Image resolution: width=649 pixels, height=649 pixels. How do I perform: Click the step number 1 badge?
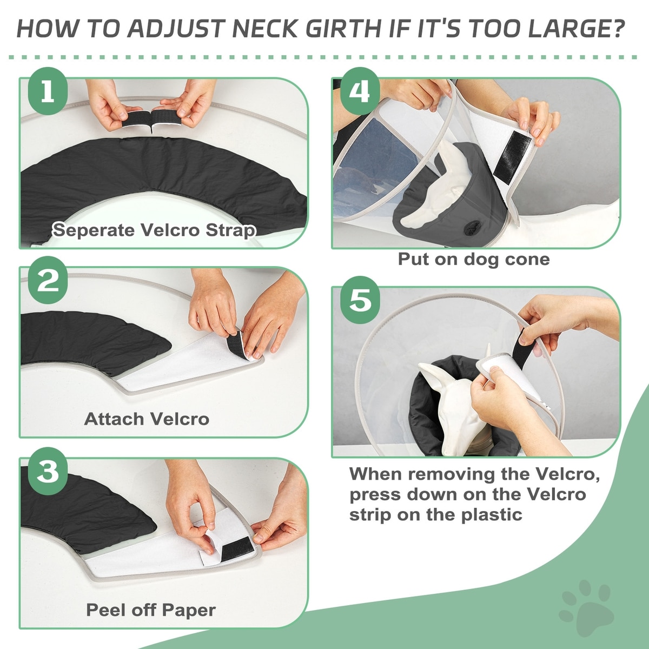tap(48, 91)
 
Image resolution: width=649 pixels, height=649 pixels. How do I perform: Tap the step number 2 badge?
tap(48, 280)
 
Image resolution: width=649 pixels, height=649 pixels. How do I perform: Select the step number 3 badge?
tap(48, 471)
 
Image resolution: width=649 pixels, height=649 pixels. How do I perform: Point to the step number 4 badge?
tap(360, 91)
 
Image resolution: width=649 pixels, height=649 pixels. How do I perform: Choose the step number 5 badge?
tap(360, 300)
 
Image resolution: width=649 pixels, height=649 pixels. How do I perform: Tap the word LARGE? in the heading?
tap(571, 29)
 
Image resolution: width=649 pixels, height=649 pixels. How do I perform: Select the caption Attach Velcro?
tap(147, 419)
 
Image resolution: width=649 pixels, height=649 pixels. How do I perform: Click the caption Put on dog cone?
tap(474, 260)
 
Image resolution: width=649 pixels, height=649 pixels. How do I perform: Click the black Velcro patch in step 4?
tap(513, 157)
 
